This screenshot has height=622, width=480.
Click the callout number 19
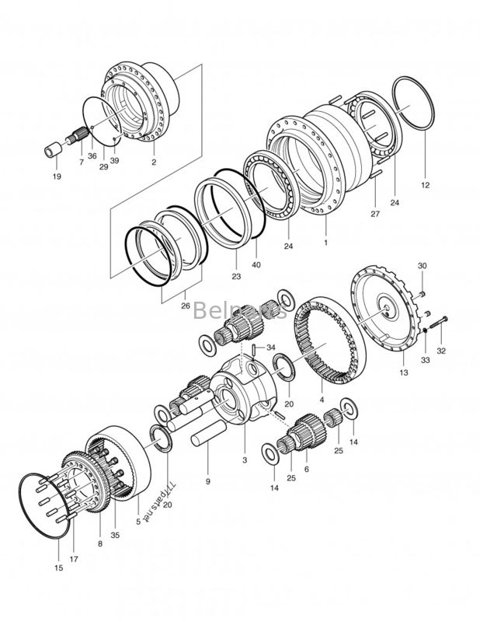coord(56,176)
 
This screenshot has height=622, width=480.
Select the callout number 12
coord(425,186)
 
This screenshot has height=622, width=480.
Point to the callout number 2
coord(154,162)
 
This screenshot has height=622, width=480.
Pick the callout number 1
coord(326,243)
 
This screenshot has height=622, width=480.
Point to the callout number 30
coord(422,267)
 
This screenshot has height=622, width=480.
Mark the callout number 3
coord(245,460)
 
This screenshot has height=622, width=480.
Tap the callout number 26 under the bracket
coord(184,306)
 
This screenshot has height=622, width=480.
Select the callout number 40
coord(256,265)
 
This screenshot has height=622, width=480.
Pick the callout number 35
coord(116,535)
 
